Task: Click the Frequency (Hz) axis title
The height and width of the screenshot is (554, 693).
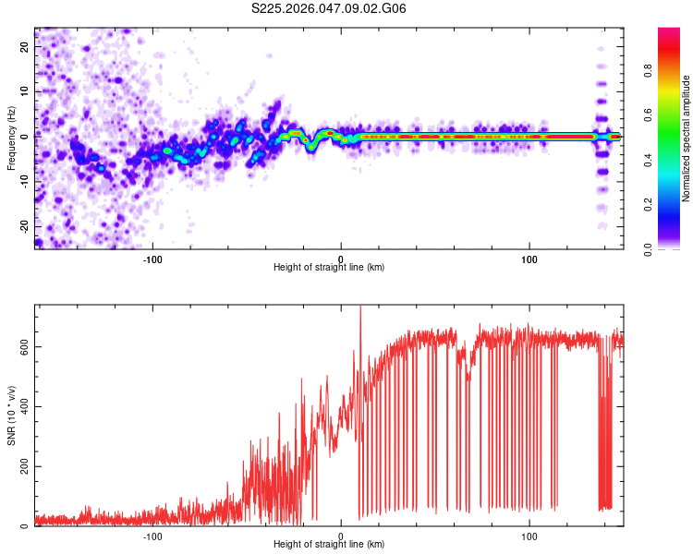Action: coord(11,138)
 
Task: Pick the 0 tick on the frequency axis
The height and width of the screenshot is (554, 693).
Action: coord(26,137)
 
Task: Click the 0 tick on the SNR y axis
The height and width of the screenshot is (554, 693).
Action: coord(26,526)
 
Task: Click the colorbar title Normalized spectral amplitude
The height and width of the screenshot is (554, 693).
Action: coord(686,138)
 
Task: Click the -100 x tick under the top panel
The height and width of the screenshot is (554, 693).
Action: coord(152,258)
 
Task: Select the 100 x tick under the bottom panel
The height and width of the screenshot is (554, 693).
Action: coord(529,536)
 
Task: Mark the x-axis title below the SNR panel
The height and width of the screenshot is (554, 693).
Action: coord(329,546)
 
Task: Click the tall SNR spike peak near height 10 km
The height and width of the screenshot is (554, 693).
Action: coord(360,308)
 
